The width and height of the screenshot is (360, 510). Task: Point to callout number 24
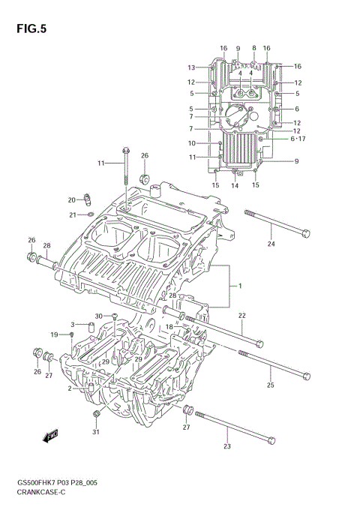coord(271,244)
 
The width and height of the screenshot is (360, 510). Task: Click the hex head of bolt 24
coord(304,233)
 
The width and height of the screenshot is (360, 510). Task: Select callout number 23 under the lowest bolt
coord(227,447)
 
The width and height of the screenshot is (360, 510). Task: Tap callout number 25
coord(271,385)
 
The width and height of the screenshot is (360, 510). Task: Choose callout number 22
coord(241,316)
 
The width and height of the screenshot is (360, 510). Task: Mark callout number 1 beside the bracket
coord(240,286)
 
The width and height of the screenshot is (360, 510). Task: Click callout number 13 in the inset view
coord(191,67)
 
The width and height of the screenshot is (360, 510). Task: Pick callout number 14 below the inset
coord(235,185)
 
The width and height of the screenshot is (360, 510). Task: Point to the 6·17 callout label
coord(298,139)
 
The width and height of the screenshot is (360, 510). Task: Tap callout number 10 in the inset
coord(191,142)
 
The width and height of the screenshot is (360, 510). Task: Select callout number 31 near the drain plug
coord(95,431)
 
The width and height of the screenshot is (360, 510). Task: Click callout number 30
coord(98,316)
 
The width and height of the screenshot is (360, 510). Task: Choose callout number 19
coord(54,334)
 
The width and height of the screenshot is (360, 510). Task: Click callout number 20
coord(72,200)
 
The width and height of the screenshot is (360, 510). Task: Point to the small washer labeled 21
coord(91,215)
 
